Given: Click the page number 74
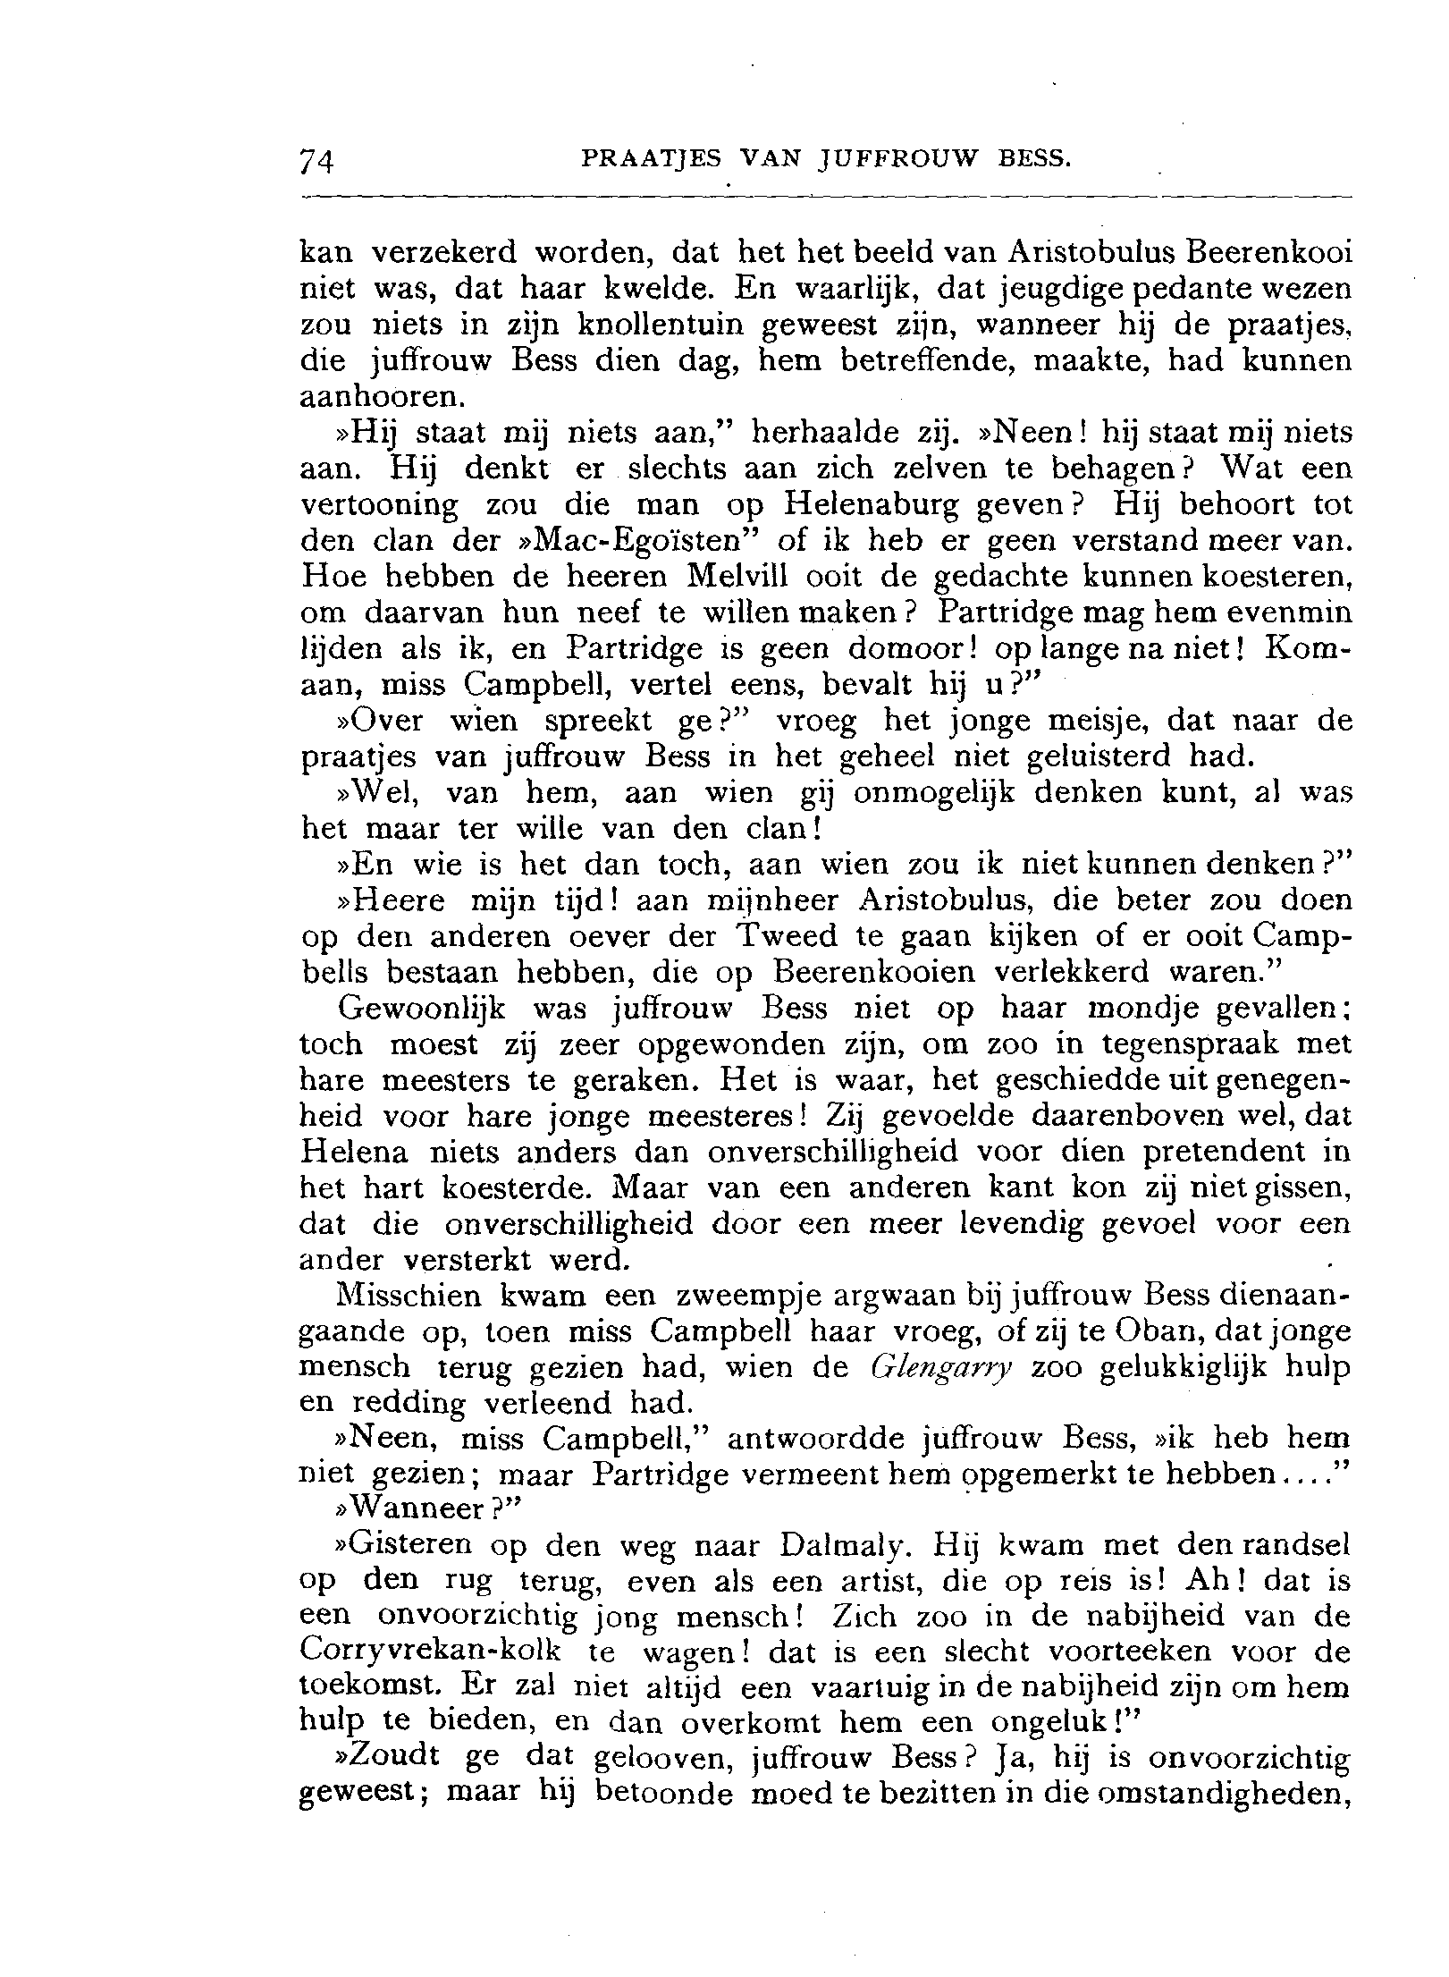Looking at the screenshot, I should (316, 160).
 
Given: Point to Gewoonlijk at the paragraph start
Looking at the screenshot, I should (422, 1009).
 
